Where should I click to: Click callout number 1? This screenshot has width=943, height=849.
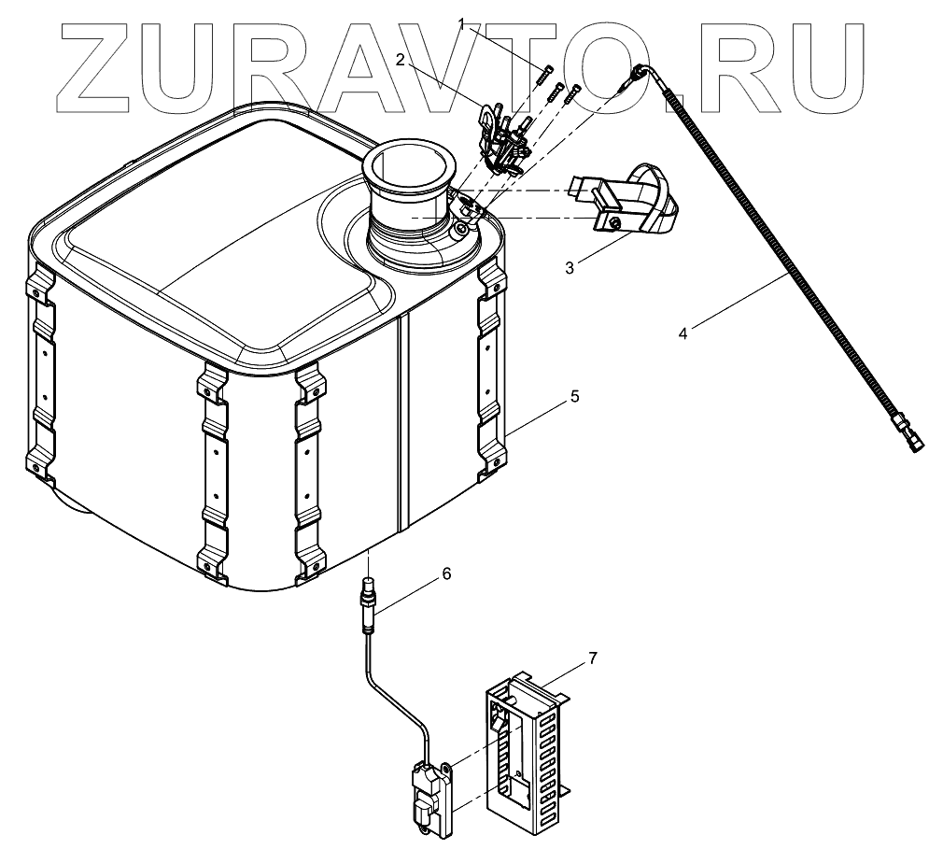(x=460, y=23)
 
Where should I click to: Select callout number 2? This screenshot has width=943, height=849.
(x=400, y=60)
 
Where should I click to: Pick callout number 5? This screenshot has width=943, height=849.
(x=574, y=397)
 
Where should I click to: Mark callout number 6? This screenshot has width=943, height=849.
(x=446, y=573)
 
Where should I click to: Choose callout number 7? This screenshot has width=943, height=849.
(x=593, y=658)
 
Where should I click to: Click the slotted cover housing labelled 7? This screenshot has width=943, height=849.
(x=528, y=747)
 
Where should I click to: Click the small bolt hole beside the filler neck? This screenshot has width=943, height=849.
(x=462, y=229)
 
